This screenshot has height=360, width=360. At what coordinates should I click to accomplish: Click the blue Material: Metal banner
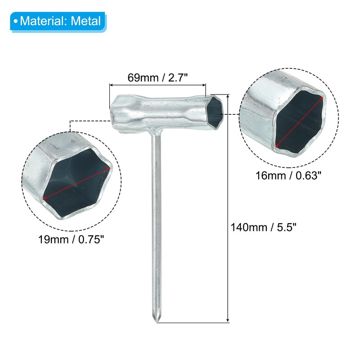(58, 21)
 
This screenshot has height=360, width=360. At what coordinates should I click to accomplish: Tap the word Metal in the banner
(86, 21)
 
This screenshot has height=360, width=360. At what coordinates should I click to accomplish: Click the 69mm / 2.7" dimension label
(157, 77)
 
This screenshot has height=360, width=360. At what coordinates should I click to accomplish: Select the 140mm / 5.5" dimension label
(263, 228)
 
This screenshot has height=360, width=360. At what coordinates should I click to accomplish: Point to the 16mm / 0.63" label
(288, 175)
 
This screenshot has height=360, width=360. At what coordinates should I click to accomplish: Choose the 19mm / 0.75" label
(71, 239)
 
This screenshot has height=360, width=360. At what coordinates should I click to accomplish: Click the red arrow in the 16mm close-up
(299, 122)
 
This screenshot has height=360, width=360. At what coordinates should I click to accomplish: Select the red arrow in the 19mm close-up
(76, 184)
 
